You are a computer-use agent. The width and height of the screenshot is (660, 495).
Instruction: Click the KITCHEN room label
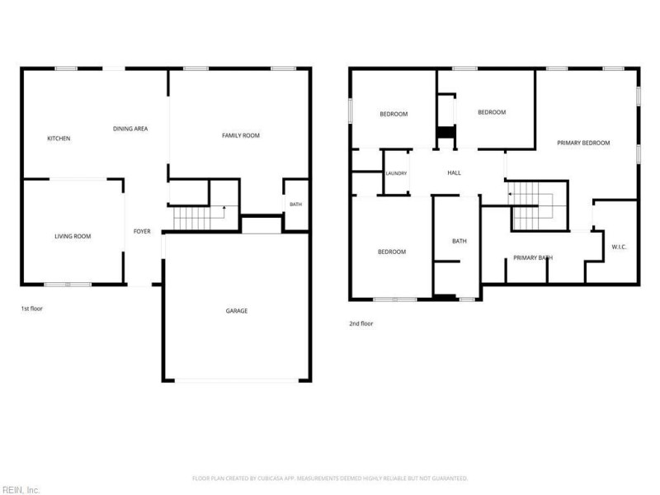[59, 139]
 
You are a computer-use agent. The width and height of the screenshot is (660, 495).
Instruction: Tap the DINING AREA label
[130, 129]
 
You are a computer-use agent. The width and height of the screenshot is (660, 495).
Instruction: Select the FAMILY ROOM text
[241, 135]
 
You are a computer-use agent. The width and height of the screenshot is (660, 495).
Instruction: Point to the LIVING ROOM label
[73, 237]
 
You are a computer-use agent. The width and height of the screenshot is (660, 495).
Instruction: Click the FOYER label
[142, 232]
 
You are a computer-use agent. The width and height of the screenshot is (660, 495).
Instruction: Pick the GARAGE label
[237, 311]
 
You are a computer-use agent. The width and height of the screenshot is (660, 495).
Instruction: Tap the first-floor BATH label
[296, 205]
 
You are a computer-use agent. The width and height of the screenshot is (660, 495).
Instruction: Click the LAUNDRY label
[397, 173]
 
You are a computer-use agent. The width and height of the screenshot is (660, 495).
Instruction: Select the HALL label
[455, 173]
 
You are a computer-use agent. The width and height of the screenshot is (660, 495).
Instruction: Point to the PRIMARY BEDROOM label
[583, 143]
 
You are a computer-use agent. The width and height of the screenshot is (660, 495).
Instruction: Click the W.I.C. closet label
[619, 247]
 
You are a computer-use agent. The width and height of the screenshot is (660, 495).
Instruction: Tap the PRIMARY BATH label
[533, 258]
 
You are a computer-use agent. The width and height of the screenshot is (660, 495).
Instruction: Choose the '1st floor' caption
[32, 309]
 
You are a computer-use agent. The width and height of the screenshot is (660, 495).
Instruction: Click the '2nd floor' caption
[361, 323]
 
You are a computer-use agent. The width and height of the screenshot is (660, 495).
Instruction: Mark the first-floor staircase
[198, 218]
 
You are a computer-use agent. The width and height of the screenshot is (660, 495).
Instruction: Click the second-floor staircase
[531, 205]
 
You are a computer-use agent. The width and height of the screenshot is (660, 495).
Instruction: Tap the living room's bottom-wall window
[68, 285]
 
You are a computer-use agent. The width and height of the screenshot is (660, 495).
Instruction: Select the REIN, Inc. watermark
[20, 490]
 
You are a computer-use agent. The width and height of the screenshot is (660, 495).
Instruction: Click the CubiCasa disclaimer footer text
[330, 478]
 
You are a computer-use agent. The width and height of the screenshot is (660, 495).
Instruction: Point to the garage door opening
[237, 380]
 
